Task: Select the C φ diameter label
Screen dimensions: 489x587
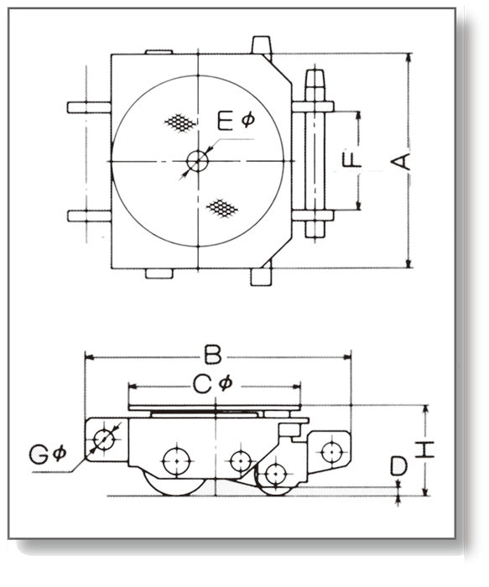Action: pyautogui.click(x=213, y=384)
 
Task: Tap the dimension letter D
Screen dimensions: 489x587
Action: pyautogui.click(x=398, y=466)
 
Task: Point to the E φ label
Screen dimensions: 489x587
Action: pyautogui.click(x=237, y=121)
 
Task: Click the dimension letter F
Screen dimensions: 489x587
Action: pyautogui.click(x=352, y=160)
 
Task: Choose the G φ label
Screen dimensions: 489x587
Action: pyautogui.click(x=48, y=455)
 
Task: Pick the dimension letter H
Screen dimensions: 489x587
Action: pyautogui.click(x=425, y=450)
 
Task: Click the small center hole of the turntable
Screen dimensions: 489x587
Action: pyautogui.click(x=197, y=161)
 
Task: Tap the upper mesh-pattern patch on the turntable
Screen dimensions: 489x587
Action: pyautogui.click(x=180, y=122)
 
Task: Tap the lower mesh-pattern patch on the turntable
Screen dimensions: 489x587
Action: pyautogui.click(x=222, y=208)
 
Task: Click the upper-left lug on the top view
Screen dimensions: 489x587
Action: pyautogui.click(x=89, y=107)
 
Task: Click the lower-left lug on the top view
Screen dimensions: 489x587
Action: pyautogui.click(x=90, y=216)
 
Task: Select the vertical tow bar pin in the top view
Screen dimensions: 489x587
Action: pyautogui.click(x=315, y=153)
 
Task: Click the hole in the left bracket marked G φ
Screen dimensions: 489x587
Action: pyautogui.click(x=104, y=439)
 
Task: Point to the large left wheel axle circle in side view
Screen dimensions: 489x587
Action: pyautogui.click(x=177, y=461)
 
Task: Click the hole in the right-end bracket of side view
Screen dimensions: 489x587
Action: pyautogui.click(x=332, y=452)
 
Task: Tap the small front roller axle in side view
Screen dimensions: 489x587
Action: pyautogui.click(x=275, y=474)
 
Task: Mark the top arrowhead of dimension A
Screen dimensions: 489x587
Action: pyautogui.click(x=408, y=57)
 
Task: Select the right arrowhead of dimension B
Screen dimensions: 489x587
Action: pyautogui.click(x=347, y=357)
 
